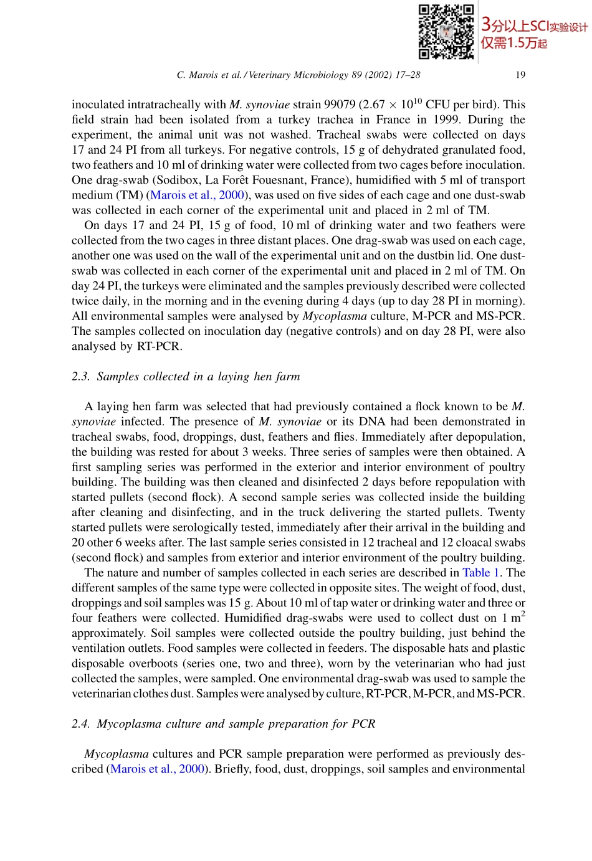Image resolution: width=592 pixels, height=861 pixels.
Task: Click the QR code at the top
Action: [x=446, y=32]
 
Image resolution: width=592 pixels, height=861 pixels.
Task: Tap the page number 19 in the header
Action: [x=520, y=75]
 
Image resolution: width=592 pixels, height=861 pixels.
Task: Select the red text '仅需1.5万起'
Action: [x=513, y=43]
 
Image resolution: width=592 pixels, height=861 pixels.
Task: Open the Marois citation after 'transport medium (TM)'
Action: [x=198, y=195]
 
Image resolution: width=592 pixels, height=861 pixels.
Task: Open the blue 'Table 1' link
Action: [x=480, y=573]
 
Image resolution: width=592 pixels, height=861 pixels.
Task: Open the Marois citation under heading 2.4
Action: [x=158, y=769]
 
